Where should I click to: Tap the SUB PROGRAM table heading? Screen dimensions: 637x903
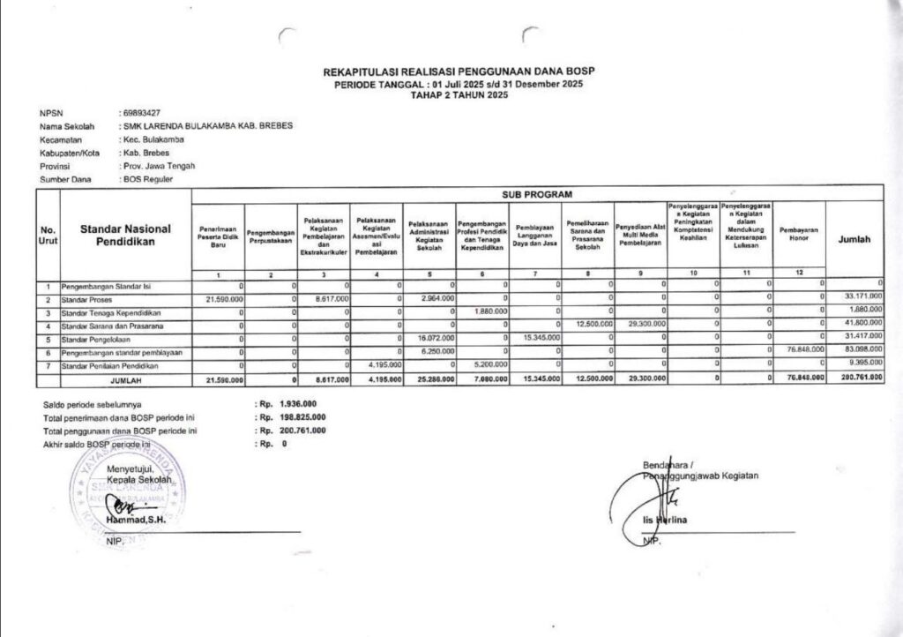(x=537, y=192)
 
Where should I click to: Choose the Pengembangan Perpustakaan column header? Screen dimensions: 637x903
(x=270, y=236)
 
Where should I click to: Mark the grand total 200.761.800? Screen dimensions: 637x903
(x=859, y=378)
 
